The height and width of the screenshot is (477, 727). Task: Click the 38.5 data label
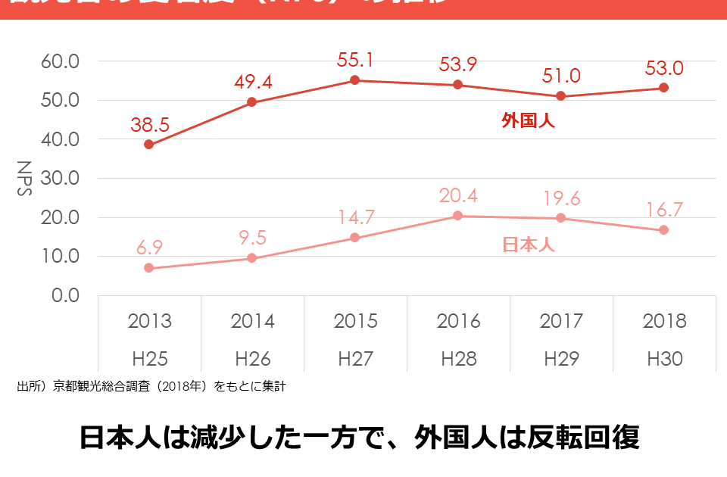(x=149, y=124)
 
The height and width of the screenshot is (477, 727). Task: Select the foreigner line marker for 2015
(x=355, y=80)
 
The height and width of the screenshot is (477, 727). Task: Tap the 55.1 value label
(x=356, y=60)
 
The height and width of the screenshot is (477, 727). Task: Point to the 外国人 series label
(x=528, y=120)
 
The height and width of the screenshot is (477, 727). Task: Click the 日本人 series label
(x=529, y=245)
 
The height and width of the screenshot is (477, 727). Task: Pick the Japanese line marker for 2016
(x=458, y=216)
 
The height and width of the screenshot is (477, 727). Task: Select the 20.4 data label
(x=458, y=195)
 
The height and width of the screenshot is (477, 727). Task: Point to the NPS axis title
(x=25, y=178)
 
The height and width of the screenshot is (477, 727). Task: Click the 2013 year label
(x=149, y=321)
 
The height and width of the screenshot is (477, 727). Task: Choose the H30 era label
(x=664, y=358)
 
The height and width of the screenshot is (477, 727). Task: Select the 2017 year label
(x=561, y=321)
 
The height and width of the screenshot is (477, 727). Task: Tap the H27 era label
(x=355, y=358)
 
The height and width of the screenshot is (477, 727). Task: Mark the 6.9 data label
(x=149, y=248)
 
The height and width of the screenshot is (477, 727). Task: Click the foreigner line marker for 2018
(x=663, y=88)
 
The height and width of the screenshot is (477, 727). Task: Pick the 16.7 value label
(x=664, y=209)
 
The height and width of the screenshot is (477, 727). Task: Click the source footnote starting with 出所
(x=151, y=387)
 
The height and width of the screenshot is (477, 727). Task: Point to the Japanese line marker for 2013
(x=149, y=268)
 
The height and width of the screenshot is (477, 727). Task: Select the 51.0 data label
(x=561, y=76)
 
